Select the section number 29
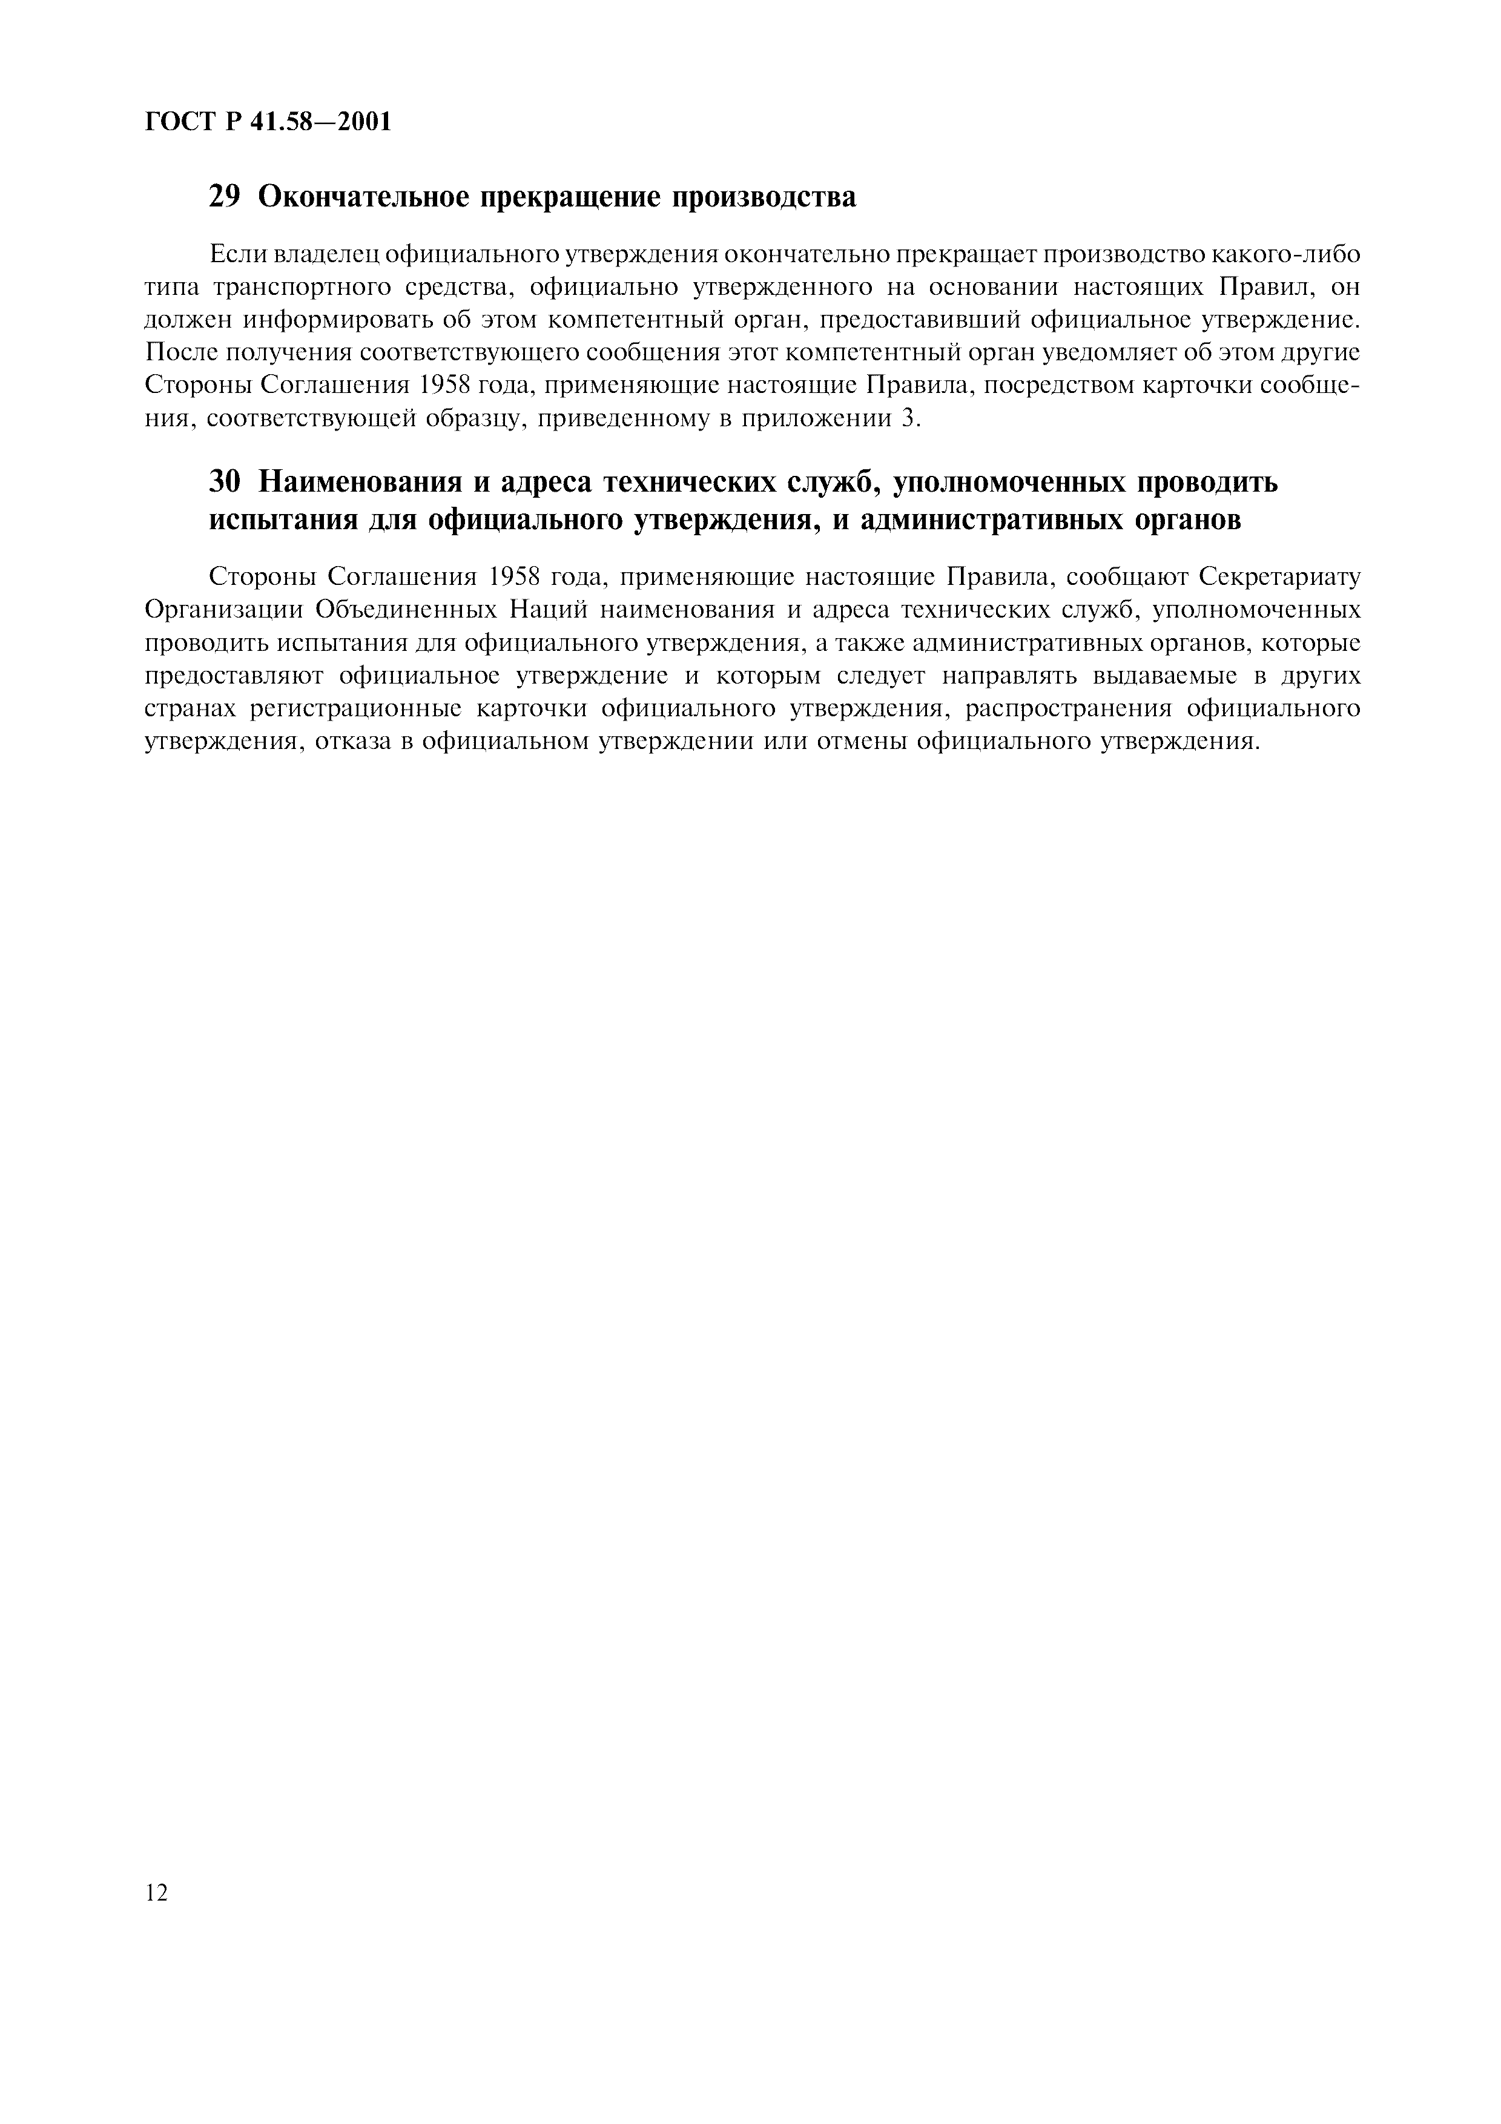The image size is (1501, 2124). coord(225,196)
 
